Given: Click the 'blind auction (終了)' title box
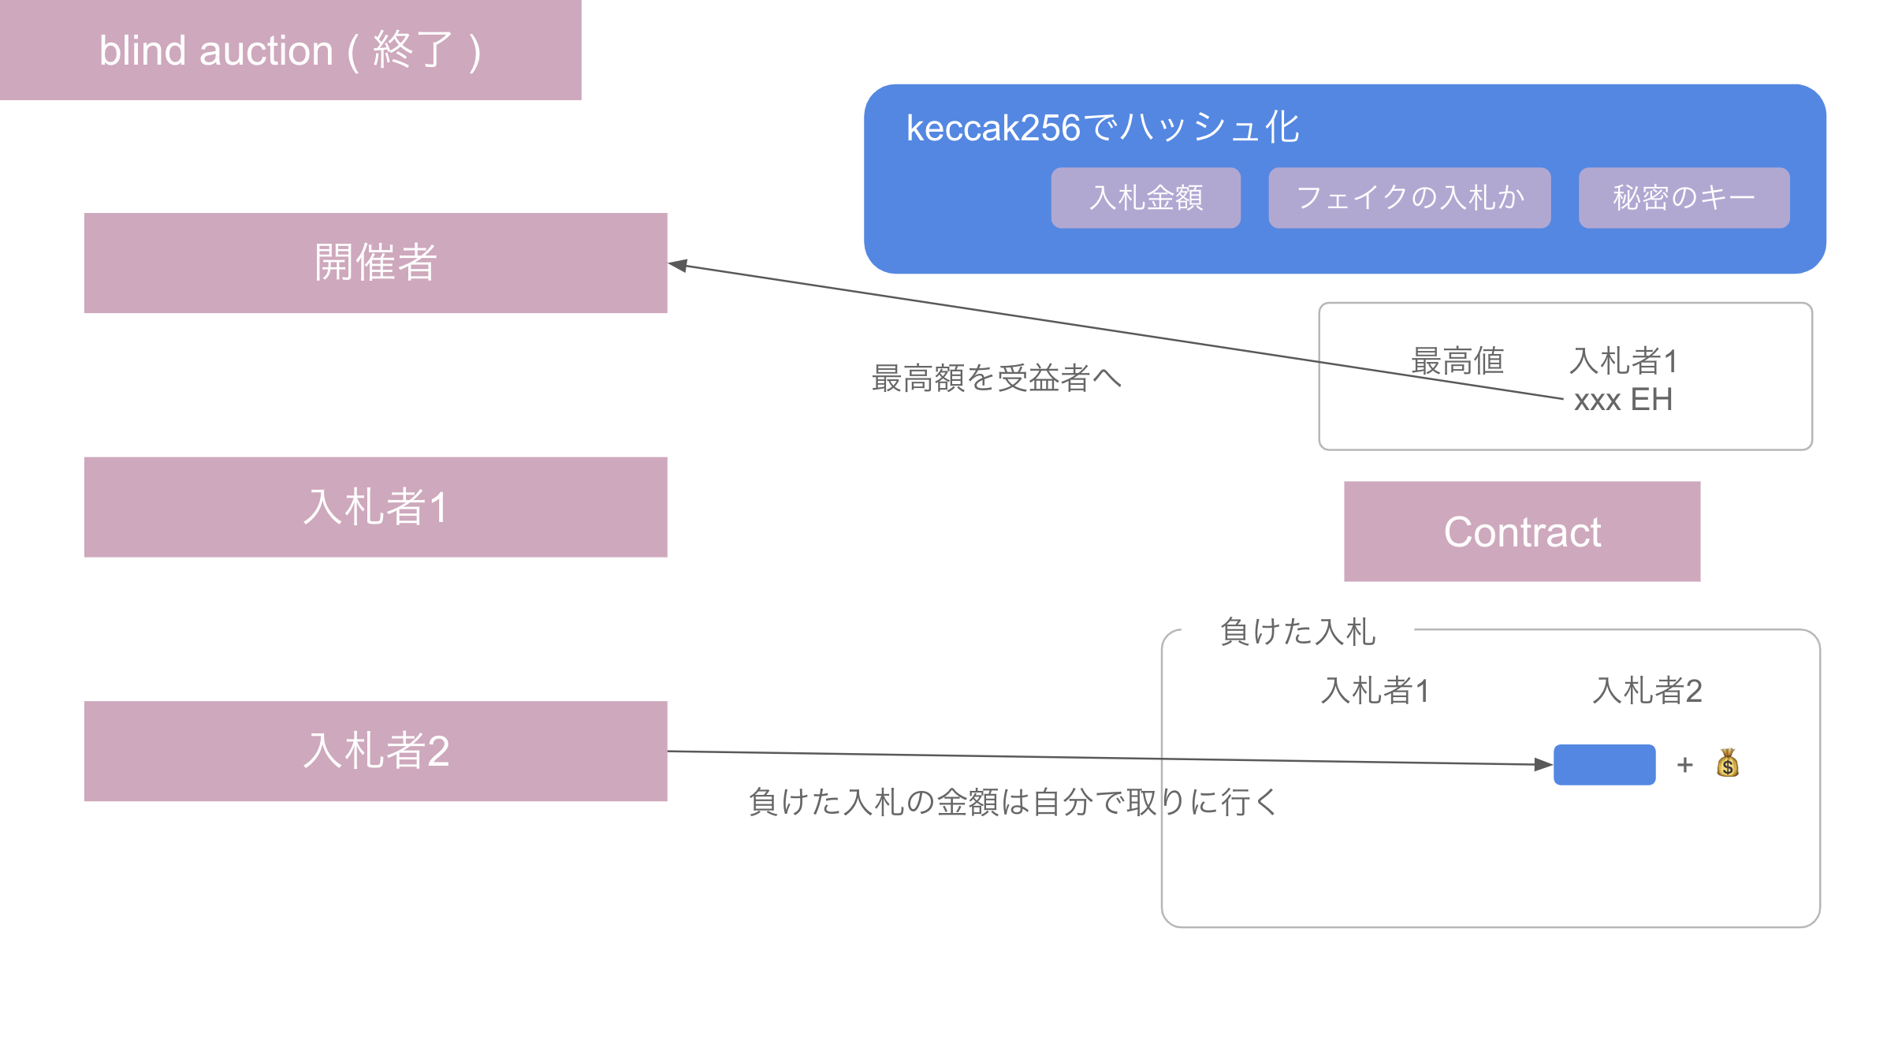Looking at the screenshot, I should click(x=290, y=50).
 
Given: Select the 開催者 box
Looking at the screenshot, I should click(x=375, y=263).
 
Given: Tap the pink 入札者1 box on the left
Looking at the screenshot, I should click(x=375, y=507).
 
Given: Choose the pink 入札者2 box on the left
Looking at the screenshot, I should click(x=375, y=751).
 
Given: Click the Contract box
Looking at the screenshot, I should click(x=1521, y=531).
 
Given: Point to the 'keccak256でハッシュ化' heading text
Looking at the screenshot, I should click(x=1102, y=128).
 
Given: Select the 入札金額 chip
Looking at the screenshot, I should click(x=1145, y=198).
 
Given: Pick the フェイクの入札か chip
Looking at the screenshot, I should click(x=1409, y=198).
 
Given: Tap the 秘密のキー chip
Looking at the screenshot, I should click(x=1684, y=198).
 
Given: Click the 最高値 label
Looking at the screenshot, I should click(x=1457, y=361).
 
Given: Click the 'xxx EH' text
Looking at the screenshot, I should click(x=1623, y=400).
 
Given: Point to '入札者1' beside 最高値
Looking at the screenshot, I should click(x=1623, y=361).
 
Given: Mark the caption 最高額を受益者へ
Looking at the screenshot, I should click(x=996, y=379).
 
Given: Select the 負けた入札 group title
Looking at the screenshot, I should click(x=1297, y=632).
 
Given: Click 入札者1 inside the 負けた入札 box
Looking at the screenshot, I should click(x=1375, y=691).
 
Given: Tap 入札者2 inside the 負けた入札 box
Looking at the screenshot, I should click(x=1647, y=691).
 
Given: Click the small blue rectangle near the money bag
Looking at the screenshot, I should click(x=1604, y=764).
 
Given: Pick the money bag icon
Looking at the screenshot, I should click(x=1727, y=763).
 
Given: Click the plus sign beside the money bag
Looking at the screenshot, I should click(x=1685, y=765).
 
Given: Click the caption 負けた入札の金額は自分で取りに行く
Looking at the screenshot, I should click(x=1013, y=802).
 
